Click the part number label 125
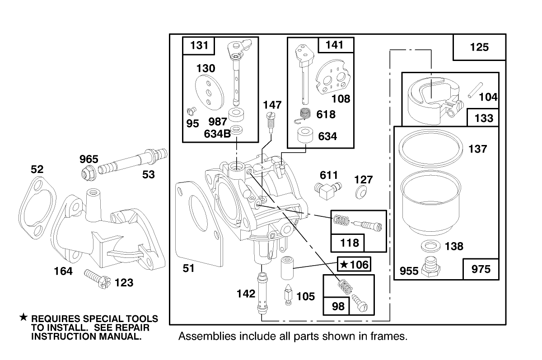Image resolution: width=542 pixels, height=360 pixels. point(479,47)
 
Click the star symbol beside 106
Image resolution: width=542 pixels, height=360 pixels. point(344,264)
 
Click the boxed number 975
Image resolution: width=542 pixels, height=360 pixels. point(481,269)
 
